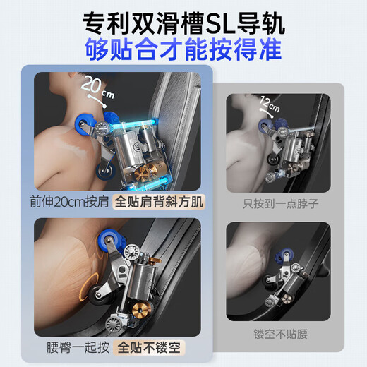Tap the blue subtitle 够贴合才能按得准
click(183, 50)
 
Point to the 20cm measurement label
click(97, 88)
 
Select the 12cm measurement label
click(270, 104)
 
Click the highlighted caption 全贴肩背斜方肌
click(159, 202)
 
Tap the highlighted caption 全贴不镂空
click(149, 347)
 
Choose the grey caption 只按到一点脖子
click(281, 204)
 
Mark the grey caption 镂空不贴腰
click(280, 334)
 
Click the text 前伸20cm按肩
click(69, 202)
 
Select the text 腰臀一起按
click(78, 347)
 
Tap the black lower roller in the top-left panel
click(105, 172)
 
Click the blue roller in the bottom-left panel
click(109, 241)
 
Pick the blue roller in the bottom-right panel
click(283, 256)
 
